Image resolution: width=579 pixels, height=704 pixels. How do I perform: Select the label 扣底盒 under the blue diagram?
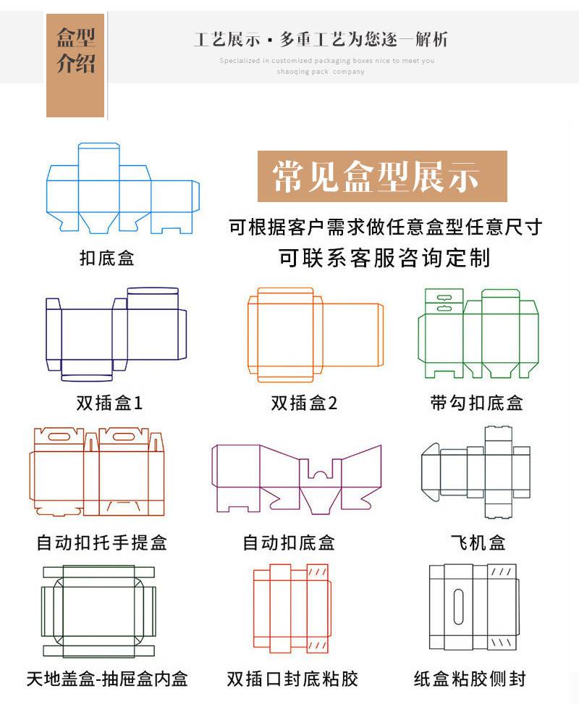(x=107, y=258)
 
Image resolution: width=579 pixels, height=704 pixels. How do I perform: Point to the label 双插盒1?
(x=110, y=403)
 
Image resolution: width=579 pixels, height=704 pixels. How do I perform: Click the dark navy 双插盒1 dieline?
(x=116, y=333)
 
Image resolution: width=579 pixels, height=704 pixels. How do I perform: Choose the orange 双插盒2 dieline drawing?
(x=316, y=333)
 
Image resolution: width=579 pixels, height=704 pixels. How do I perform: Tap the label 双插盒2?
(x=304, y=403)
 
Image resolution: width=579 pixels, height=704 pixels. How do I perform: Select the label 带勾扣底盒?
(x=476, y=403)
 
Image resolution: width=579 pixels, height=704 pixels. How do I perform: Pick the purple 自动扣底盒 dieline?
(x=297, y=474)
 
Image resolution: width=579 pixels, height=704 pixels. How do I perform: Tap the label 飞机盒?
(x=478, y=541)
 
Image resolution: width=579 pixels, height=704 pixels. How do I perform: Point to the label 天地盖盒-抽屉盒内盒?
(x=107, y=679)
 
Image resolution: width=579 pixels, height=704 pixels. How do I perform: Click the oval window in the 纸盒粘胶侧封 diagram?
(x=458, y=607)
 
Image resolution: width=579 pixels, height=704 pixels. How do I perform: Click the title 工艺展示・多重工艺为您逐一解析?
(x=321, y=39)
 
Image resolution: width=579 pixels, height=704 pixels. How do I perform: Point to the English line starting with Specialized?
(x=326, y=61)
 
